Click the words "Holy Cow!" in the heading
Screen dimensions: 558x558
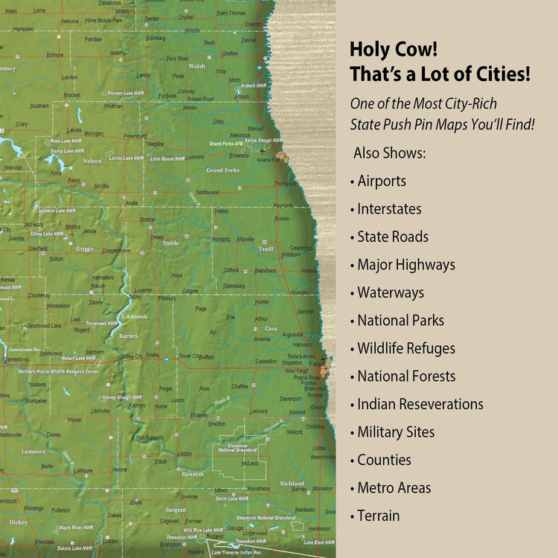394,51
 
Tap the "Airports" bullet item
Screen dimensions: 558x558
382,181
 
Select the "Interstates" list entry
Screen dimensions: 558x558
389,209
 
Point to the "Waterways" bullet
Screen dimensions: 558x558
391,292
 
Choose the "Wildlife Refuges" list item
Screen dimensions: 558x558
406,348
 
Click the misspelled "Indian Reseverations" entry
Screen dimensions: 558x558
420,404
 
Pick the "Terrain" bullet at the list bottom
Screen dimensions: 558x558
378,516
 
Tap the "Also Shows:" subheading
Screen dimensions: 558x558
390,153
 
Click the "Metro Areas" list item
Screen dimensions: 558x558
394,488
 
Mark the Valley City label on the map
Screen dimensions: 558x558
132,356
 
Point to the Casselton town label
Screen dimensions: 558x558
266,362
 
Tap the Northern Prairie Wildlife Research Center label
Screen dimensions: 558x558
58,371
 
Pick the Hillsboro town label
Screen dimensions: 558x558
291,254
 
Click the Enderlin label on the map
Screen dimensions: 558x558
199,415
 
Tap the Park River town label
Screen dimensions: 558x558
177,57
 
